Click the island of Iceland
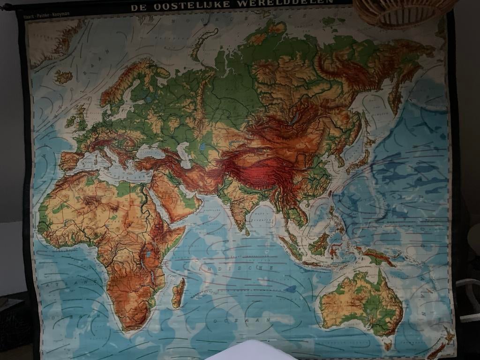(64, 76)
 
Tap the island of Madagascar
(178, 293)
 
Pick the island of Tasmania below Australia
(387, 346)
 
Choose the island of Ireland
(71, 122)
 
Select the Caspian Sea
(185, 154)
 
